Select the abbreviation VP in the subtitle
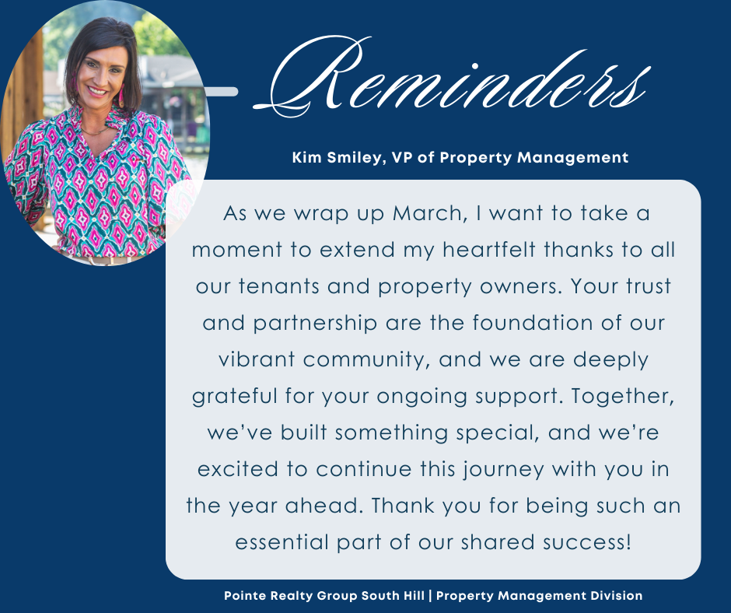(x=402, y=158)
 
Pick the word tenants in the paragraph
(x=278, y=286)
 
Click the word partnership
(x=315, y=324)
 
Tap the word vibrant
(x=257, y=359)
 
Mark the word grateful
(x=235, y=397)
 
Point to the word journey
(x=503, y=469)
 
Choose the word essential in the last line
(x=282, y=542)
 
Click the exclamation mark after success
(x=629, y=542)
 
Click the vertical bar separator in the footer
(x=430, y=596)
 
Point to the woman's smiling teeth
(x=97, y=90)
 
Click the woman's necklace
(x=95, y=131)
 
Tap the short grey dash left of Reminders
(x=222, y=92)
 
